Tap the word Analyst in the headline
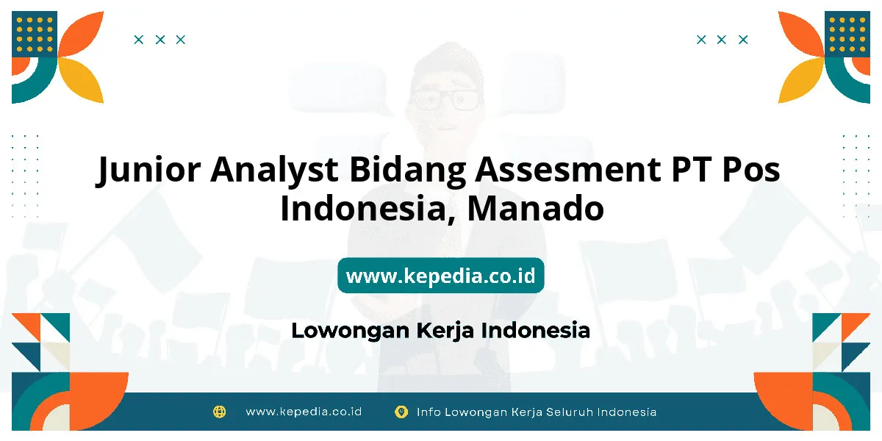(x=274, y=170)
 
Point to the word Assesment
(x=568, y=169)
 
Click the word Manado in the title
(x=536, y=208)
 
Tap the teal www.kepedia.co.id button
(x=440, y=275)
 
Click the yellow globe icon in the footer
(x=219, y=412)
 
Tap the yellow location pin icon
(x=401, y=412)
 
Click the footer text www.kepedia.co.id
(x=304, y=412)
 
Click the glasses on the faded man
(x=445, y=98)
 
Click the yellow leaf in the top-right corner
(x=801, y=80)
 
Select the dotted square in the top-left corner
(x=35, y=34)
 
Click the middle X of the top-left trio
(x=160, y=40)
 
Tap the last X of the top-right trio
(x=743, y=40)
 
